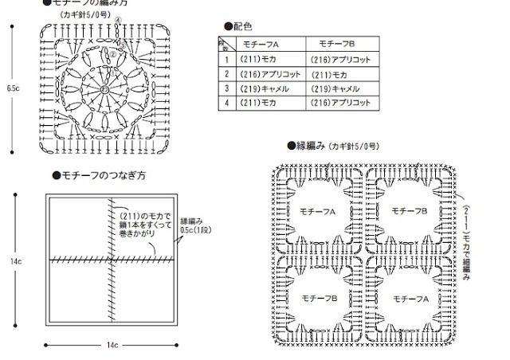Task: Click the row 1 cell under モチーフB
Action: (x=342, y=59)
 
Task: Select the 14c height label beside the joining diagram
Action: (x=15, y=260)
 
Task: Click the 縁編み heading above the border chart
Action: (x=313, y=147)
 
